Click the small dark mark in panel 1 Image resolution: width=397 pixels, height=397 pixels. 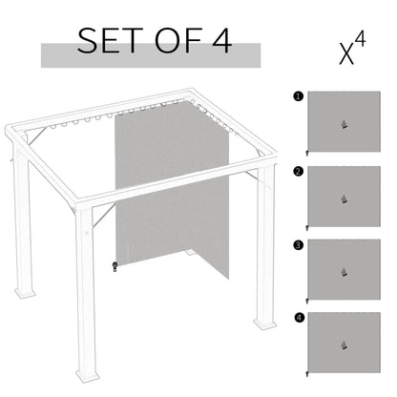click(343, 126)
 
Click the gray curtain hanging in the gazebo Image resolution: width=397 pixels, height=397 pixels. click(157, 191)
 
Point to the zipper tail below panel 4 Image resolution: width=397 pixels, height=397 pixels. click(306, 375)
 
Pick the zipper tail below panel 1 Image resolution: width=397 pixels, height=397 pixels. click(306, 153)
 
